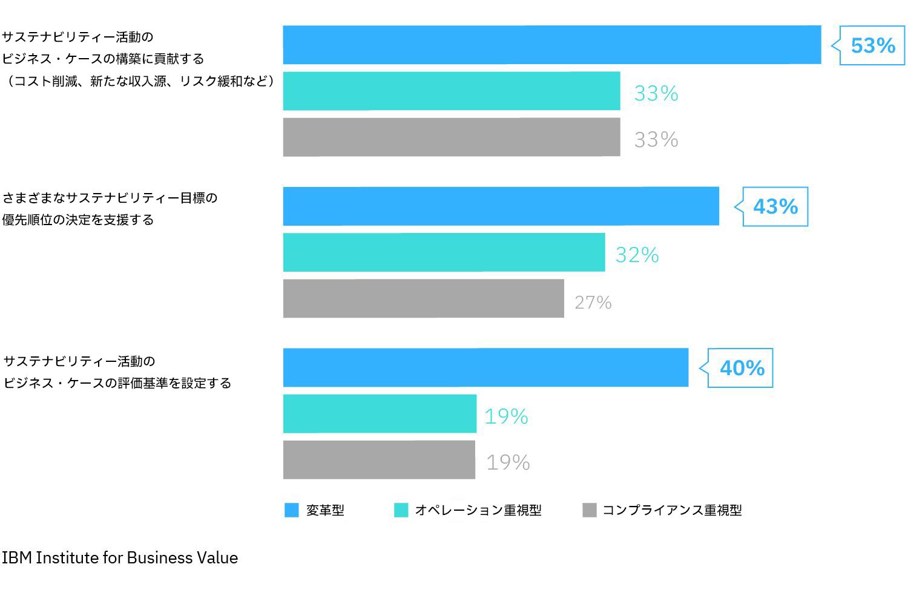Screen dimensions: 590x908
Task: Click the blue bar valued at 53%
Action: click(x=551, y=45)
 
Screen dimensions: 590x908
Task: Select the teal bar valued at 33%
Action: click(x=452, y=91)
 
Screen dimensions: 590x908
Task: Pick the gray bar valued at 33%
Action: click(x=452, y=137)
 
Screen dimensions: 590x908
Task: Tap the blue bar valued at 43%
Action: click(x=501, y=206)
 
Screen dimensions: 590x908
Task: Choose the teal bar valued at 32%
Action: click(x=444, y=252)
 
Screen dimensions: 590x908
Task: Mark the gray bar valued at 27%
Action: click(x=423, y=298)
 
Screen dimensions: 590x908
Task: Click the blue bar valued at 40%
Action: click(x=485, y=367)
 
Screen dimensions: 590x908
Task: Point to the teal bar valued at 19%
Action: click(x=380, y=414)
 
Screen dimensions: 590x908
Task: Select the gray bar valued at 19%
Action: click(x=379, y=460)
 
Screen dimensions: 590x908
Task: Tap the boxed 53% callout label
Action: click(x=872, y=45)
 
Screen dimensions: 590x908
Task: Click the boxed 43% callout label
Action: click(x=775, y=206)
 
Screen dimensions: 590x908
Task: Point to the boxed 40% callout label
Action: click(x=741, y=367)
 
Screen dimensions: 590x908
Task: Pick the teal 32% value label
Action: click(x=637, y=255)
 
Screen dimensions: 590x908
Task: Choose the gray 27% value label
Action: click(x=593, y=302)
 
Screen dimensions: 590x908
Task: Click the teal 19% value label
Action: click(x=506, y=416)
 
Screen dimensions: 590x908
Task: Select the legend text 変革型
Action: click(x=325, y=510)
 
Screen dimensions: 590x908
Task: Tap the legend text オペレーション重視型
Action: click(x=478, y=510)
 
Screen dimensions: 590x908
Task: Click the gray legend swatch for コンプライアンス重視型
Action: click(x=589, y=510)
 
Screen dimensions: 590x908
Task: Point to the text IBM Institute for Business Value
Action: click(x=120, y=557)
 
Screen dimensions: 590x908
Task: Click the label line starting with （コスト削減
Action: click(x=139, y=80)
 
